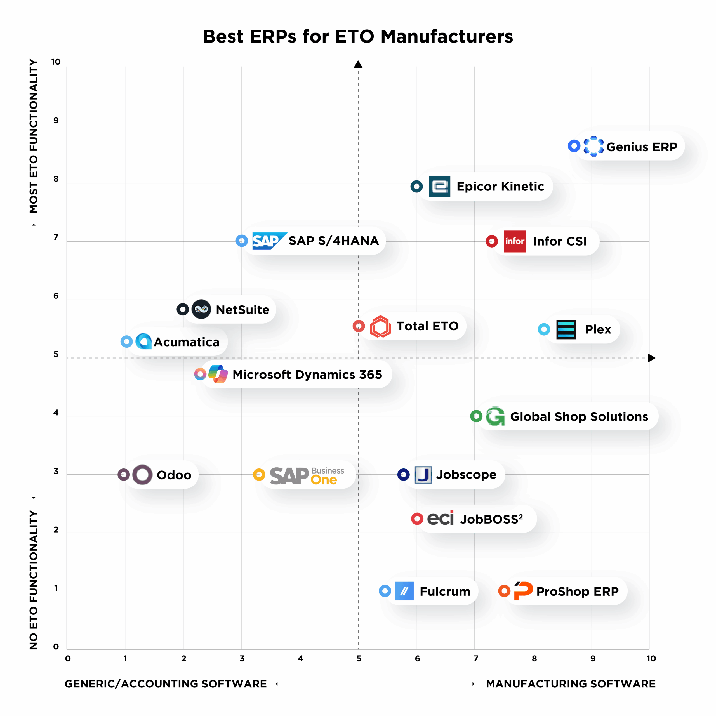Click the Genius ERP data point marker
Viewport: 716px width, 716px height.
pyautogui.click(x=574, y=146)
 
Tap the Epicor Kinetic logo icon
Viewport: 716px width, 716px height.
pyautogui.click(x=439, y=186)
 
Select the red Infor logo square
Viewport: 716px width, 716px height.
pyautogui.click(x=514, y=241)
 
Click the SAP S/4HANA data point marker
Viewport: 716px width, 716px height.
pyautogui.click(x=242, y=241)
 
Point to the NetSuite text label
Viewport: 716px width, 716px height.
pyautogui.click(x=242, y=309)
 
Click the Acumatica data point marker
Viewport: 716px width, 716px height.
pyautogui.click(x=126, y=341)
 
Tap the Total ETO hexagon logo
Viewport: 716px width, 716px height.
pyautogui.click(x=380, y=326)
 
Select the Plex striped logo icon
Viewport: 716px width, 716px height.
pyautogui.click(x=566, y=329)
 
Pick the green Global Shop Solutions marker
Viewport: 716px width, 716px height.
pyautogui.click(x=476, y=416)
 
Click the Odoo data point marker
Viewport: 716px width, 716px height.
pyautogui.click(x=123, y=474)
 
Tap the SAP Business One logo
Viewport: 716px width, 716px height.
pyautogui.click(x=307, y=475)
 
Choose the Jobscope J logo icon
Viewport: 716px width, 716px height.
pyautogui.click(x=423, y=475)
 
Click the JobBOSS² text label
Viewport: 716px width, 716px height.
pyautogui.click(x=491, y=519)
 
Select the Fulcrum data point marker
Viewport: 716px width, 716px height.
pyautogui.click(x=385, y=591)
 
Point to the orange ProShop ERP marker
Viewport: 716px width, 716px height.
pyautogui.click(x=504, y=591)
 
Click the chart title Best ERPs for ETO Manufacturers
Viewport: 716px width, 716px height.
pyautogui.click(x=358, y=36)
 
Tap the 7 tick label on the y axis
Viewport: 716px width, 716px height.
pyautogui.click(x=56, y=237)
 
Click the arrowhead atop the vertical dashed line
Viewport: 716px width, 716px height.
pyautogui.click(x=358, y=65)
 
